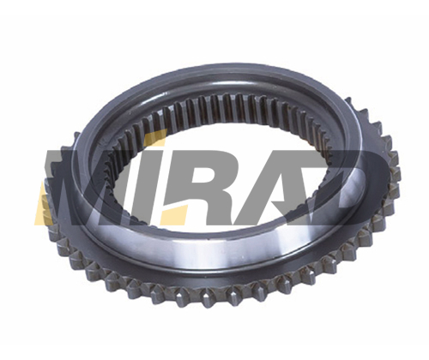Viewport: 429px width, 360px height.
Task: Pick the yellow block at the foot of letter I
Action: pos(173,215)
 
